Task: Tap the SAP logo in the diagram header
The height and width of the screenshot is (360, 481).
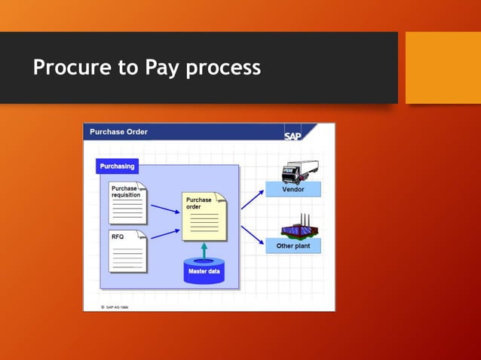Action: tap(293, 136)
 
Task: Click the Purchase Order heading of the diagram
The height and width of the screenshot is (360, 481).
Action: tap(118, 132)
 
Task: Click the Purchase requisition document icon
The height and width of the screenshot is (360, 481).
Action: tap(127, 203)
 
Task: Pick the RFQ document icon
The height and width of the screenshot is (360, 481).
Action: tap(127, 252)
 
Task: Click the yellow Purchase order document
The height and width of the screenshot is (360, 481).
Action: tap(204, 216)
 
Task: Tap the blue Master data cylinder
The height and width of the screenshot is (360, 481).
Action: tap(204, 270)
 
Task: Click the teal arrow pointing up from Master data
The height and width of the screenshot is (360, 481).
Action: tap(204, 250)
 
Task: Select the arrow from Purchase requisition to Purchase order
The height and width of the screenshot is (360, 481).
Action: tap(165, 209)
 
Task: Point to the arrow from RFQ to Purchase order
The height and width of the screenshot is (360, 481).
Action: tap(165, 233)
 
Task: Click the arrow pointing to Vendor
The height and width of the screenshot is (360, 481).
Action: tap(252, 200)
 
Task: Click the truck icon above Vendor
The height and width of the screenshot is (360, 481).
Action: tap(299, 171)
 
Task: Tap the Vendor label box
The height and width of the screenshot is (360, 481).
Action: tap(293, 190)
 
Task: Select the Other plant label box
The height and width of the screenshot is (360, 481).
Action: tap(293, 246)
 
